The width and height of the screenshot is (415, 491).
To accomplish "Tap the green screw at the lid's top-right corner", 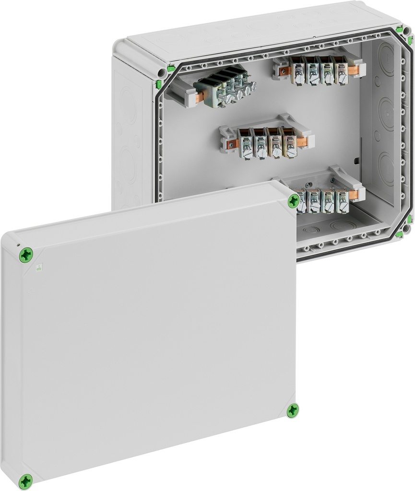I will coord(293,201).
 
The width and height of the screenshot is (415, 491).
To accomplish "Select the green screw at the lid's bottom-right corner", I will coord(292,410).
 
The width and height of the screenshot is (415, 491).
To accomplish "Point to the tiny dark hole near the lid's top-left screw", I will coord(18,245).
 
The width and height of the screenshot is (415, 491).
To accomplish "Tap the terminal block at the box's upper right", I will coord(319,70).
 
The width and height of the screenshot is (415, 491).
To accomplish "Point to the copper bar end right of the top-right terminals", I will coord(353,70).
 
